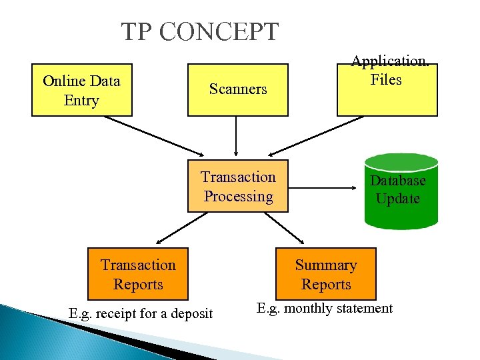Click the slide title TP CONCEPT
[x=199, y=31]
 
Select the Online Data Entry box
[x=81, y=90]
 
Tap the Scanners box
[x=237, y=89]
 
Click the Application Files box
[x=387, y=90]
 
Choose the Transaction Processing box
[x=238, y=186]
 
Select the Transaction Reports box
[x=138, y=274]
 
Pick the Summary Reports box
[x=326, y=274]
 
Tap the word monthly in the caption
[x=313, y=309]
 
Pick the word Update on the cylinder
[x=398, y=199]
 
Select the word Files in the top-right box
[x=387, y=79]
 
